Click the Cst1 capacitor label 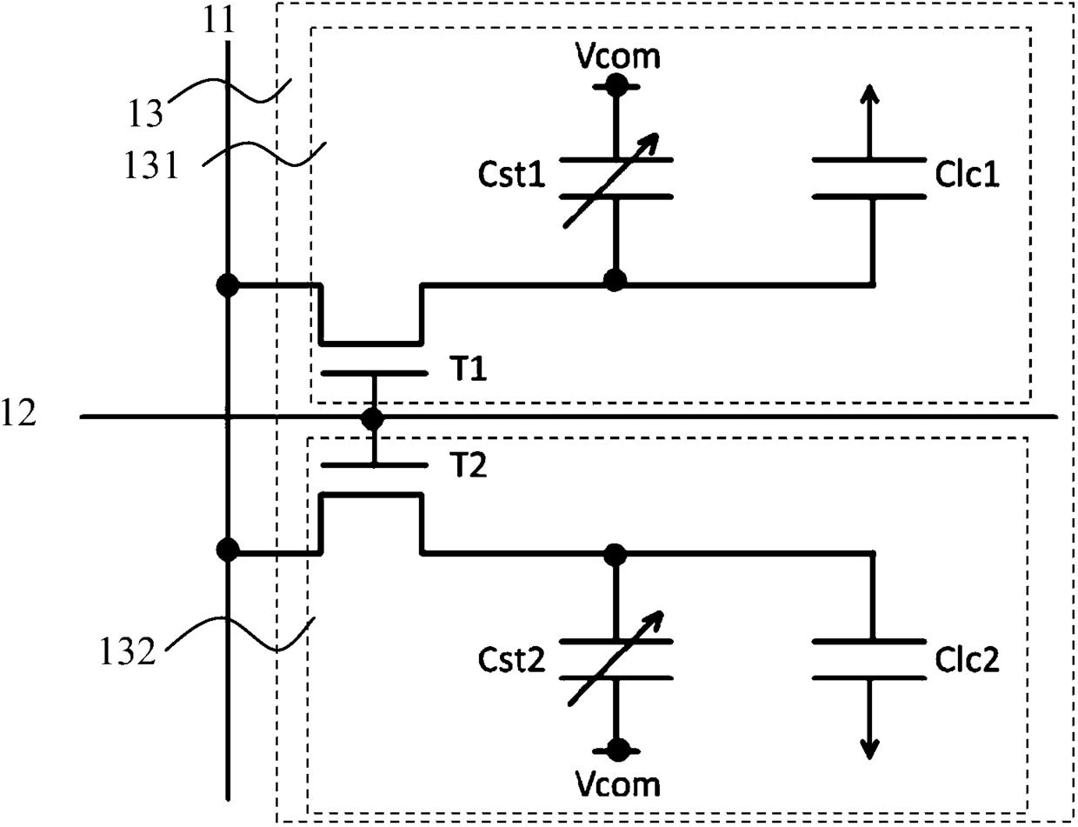point(511,175)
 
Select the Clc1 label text point(968,175)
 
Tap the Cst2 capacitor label point(511,660)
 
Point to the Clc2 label point(968,660)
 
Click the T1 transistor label point(471,369)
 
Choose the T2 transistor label point(471,465)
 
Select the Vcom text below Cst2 point(617,785)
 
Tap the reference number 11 point(219,21)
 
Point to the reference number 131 point(151,165)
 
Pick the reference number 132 point(128,651)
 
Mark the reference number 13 point(145,113)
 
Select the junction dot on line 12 point(373,418)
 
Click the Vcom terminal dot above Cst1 point(616,86)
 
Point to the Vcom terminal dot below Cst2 point(617,750)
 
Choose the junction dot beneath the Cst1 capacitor point(616,281)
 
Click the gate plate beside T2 point(374,465)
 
